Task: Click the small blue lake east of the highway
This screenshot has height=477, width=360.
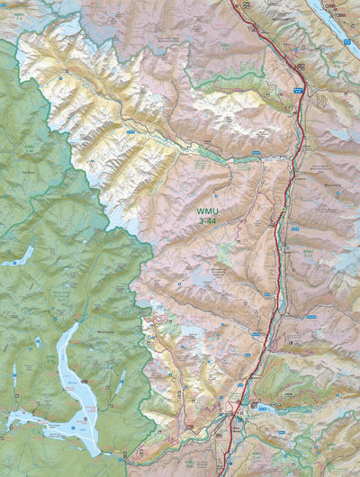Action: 266,408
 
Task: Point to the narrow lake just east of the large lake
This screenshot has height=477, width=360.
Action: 120,382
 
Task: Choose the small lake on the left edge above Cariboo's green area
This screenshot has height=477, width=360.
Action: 16,261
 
